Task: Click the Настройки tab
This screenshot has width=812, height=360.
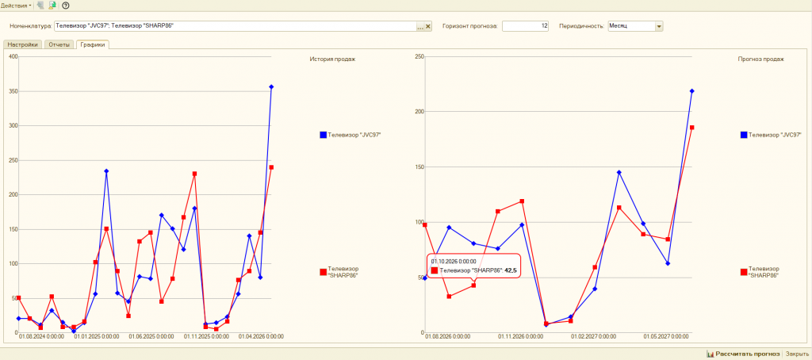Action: point(23,44)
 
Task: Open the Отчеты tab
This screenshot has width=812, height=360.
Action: point(59,44)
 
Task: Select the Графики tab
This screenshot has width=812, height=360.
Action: point(92,44)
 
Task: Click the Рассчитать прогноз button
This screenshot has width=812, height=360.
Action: point(743,354)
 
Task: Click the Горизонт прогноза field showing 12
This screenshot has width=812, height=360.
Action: point(525,26)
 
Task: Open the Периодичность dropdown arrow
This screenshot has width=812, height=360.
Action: point(659,26)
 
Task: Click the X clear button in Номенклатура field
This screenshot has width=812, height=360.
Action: point(428,26)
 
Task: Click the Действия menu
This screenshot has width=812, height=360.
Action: point(16,6)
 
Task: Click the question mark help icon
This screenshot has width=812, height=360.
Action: point(66,6)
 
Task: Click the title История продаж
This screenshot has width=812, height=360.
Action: point(332,59)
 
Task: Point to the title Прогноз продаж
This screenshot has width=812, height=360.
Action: point(760,59)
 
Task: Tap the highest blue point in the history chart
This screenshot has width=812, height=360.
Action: point(271,87)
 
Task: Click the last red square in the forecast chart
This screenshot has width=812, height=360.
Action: point(691,128)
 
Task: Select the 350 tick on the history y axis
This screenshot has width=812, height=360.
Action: point(11,91)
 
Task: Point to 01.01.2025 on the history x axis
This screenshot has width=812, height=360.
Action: point(96,337)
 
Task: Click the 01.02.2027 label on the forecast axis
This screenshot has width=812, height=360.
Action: point(593,337)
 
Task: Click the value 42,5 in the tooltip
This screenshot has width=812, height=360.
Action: point(511,270)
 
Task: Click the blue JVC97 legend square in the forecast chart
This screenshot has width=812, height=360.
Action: point(744,135)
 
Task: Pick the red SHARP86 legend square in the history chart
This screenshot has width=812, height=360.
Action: point(324,272)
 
